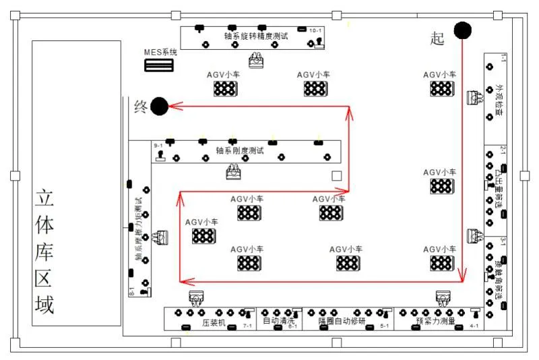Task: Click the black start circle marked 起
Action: coord(462,30)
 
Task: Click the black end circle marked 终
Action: coord(159,106)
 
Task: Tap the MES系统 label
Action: coord(160,52)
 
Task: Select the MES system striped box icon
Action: coord(159,65)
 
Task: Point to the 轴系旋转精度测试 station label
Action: coord(256,36)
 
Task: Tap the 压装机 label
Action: coord(214,322)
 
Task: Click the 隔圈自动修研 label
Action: coord(343,322)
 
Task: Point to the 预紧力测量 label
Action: coord(435,322)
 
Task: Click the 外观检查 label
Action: coord(499,101)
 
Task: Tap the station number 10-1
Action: coord(315,31)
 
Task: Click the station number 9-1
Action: coord(160,146)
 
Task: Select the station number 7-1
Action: coord(247,326)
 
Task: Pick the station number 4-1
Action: coord(474,326)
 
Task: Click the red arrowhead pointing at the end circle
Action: coord(172,106)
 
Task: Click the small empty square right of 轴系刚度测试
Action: coord(337,176)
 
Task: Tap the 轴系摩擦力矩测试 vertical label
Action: coord(139,229)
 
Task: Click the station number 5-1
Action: coord(385,326)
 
